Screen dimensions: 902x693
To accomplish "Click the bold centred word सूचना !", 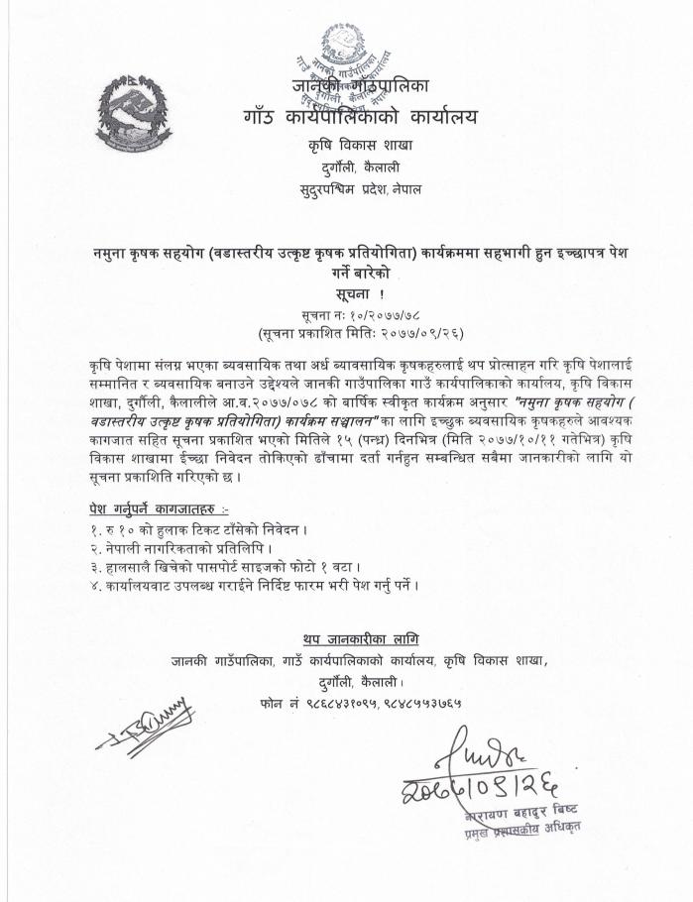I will pyautogui.click(x=346, y=294).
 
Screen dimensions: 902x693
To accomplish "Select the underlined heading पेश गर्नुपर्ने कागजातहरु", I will pyautogui.click(x=151, y=507).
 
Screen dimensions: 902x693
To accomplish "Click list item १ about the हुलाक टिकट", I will pyautogui.click(x=200, y=529).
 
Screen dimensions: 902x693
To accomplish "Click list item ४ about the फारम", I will pyautogui.click(x=253, y=585).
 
